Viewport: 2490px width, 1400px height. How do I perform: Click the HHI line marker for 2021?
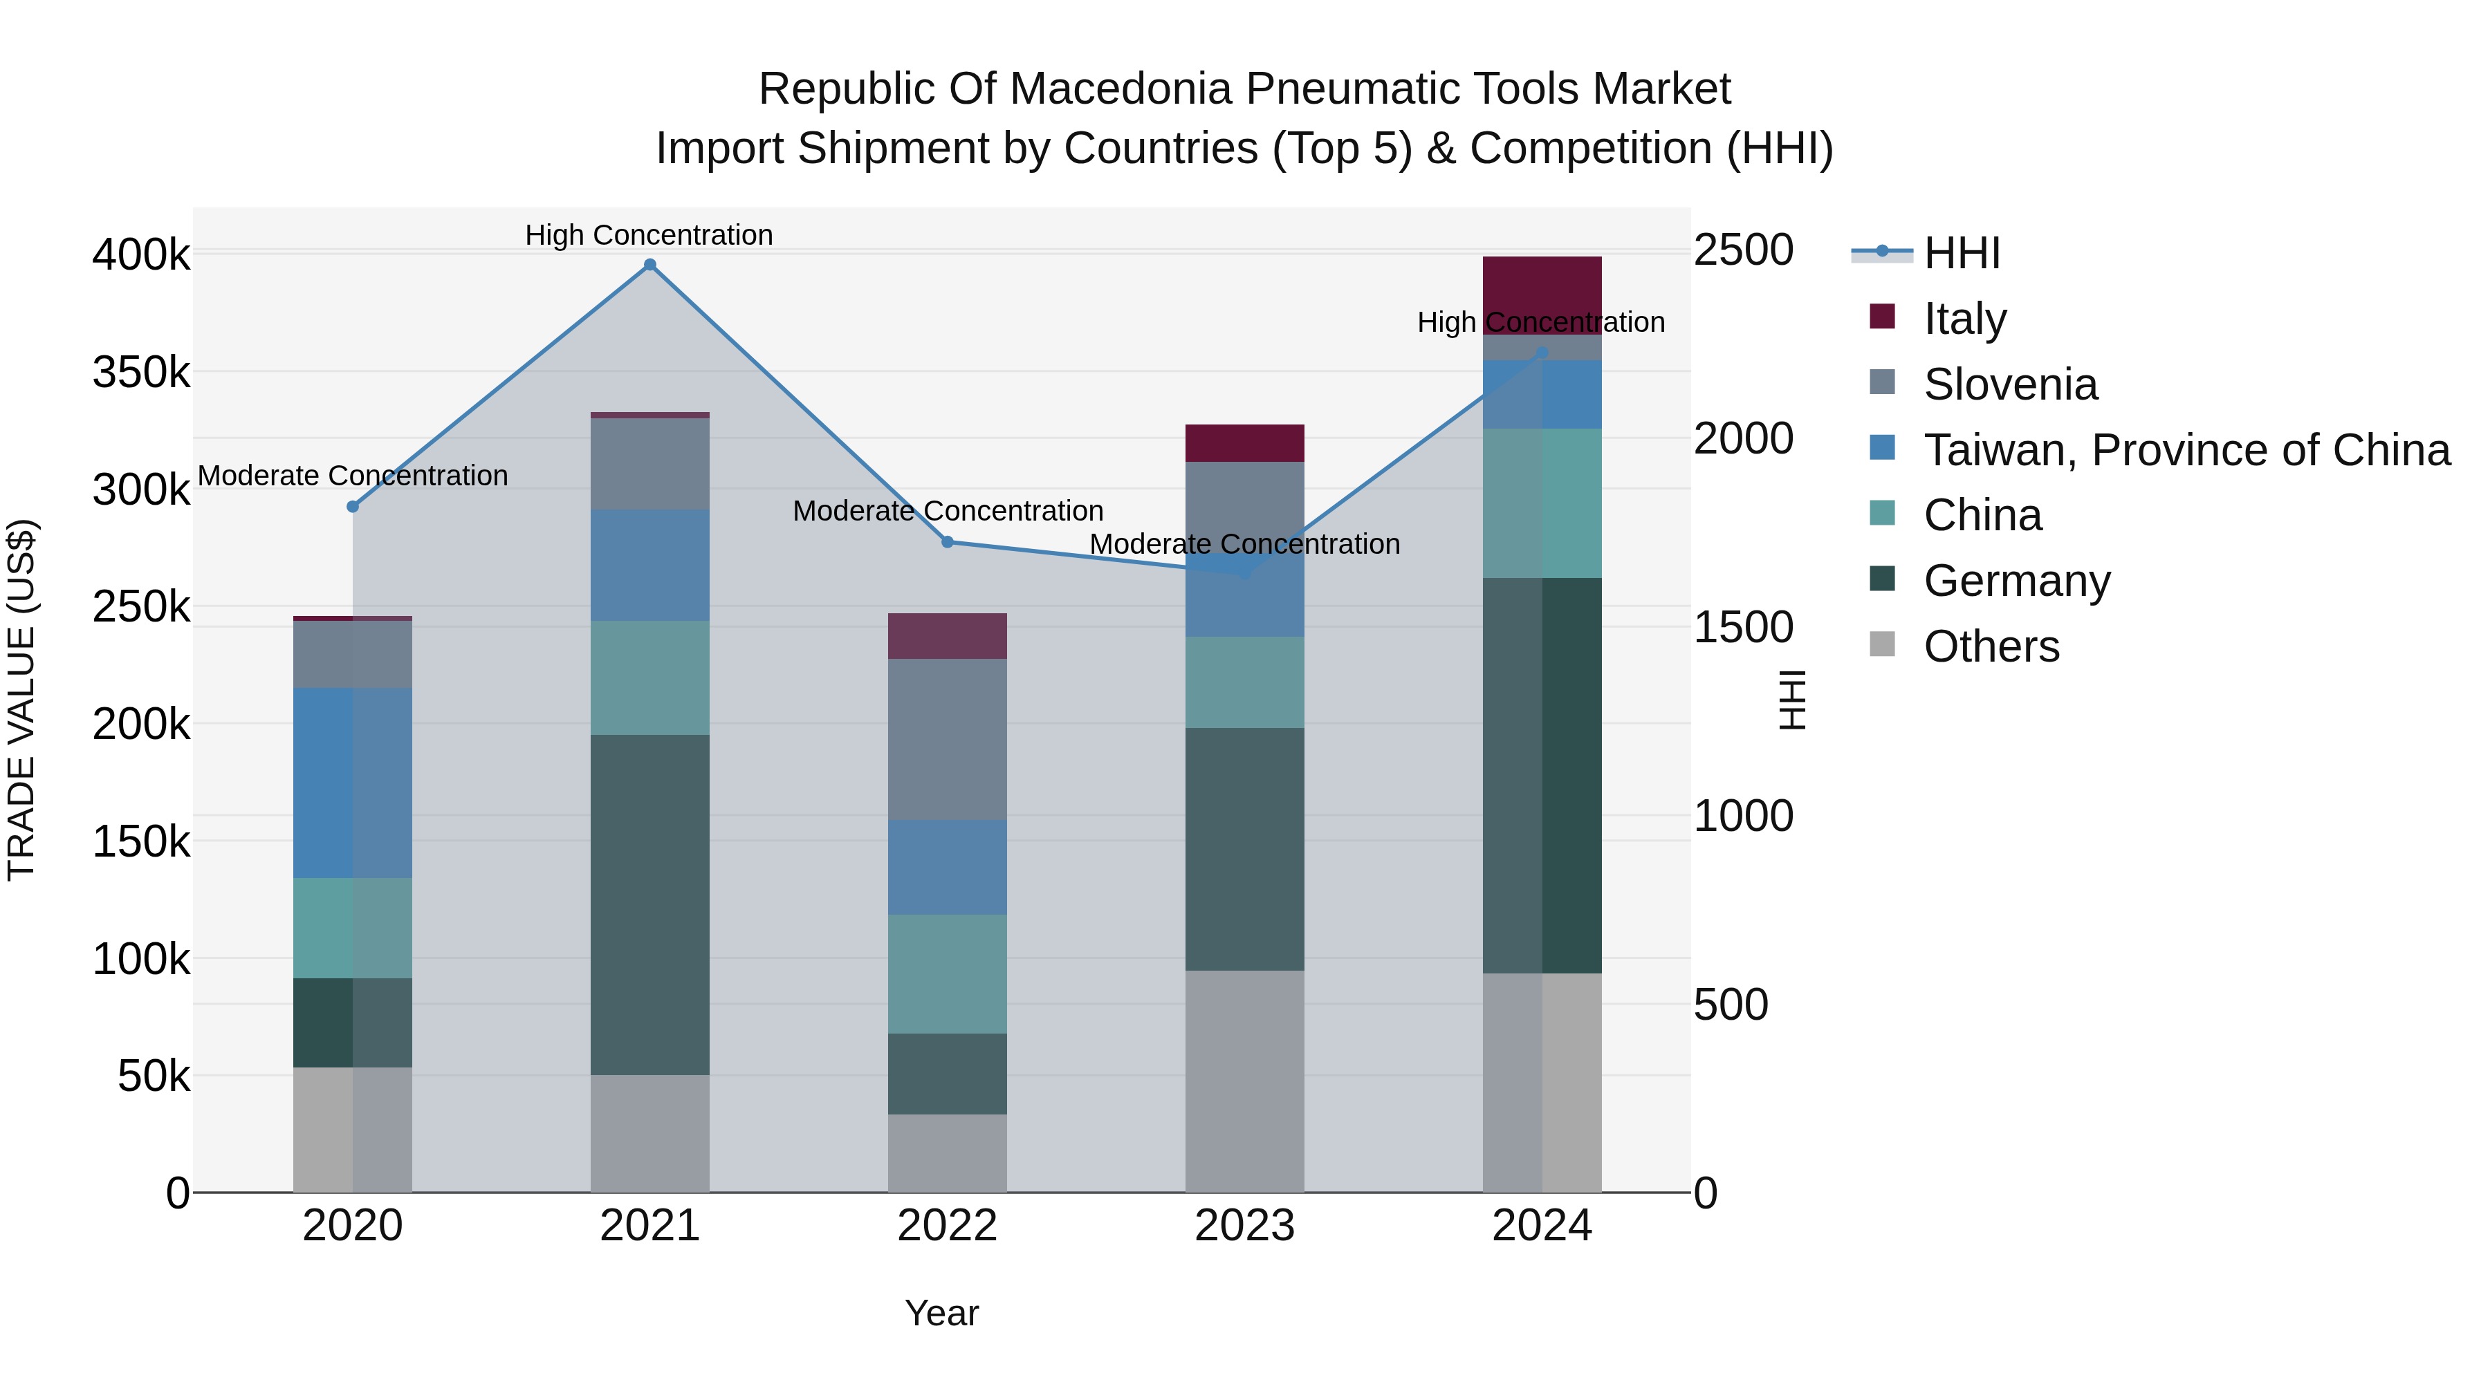click(649, 265)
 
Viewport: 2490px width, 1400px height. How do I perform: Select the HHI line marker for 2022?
click(948, 542)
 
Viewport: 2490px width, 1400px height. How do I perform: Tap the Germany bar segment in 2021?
click(649, 904)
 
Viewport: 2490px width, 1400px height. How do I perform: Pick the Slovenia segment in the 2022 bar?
click(948, 739)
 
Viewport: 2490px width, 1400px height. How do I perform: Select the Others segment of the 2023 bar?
click(1244, 1081)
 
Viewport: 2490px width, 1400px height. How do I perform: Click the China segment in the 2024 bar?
click(1542, 503)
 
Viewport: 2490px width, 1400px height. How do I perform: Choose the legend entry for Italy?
click(1964, 319)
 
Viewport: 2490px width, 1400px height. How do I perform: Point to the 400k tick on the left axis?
click(141, 255)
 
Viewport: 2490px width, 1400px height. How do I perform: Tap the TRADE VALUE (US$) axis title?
click(21, 700)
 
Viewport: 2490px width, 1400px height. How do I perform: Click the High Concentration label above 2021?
click(649, 235)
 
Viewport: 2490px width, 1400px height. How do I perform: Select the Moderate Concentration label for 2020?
click(353, 476)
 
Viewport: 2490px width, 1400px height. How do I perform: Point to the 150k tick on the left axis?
click(141, 841)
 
